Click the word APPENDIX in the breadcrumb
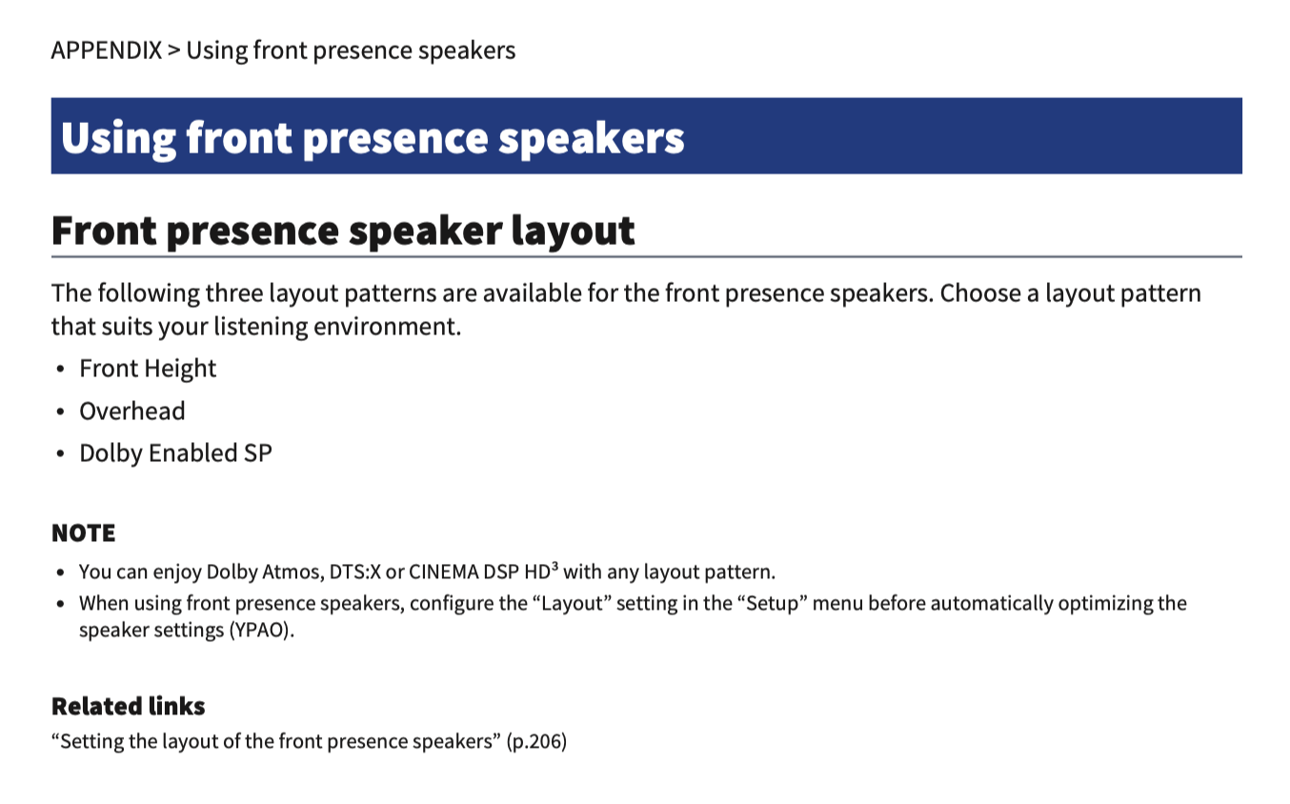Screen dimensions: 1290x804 (x=107, y=50)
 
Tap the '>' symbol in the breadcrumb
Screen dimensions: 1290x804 (x=174, y=50)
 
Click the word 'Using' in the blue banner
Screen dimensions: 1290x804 (x=118, y=139)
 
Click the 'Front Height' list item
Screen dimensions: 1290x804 (x=148, y=368)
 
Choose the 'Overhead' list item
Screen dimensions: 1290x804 (x=131, y=412)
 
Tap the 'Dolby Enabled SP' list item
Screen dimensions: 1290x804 (x=175, y=453)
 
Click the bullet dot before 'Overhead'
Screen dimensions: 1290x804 (x=60, y=412)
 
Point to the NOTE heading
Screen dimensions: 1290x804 (x=84, y=533)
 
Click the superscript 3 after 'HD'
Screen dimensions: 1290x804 (x=554, y=566)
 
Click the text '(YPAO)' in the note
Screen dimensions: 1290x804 (x=261, y=630)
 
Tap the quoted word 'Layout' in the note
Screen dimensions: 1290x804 (x=573, y=603)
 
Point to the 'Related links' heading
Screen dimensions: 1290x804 (x=129, y=706)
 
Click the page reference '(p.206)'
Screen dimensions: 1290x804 (x=536, y=741)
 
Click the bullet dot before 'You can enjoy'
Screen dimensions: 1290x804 (x=60, y=573)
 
